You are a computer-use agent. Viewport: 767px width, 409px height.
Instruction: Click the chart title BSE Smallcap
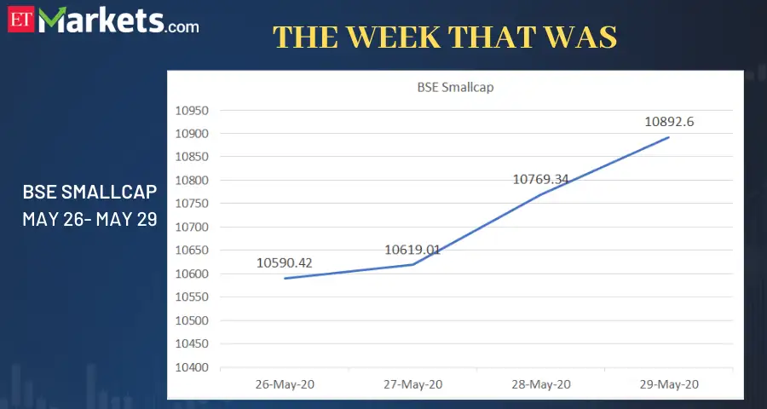click(450, 86)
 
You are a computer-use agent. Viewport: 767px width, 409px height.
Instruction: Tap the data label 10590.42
click(285, 262)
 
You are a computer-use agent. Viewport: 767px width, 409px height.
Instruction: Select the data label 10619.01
click(412, 250)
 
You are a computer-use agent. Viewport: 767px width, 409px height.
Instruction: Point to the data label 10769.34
click(541, 179)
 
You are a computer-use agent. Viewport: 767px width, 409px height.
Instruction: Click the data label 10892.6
click(669, 122)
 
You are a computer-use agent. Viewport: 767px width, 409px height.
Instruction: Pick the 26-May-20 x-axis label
click(285, 384)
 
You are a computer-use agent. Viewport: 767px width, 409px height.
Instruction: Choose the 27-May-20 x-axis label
click(412, 384)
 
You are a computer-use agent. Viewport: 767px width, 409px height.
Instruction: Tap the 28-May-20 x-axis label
click(541, 384)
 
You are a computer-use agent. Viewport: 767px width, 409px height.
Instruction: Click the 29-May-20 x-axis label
click(669, 384)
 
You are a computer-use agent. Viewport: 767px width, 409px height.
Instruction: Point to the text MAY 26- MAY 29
click(89, 219)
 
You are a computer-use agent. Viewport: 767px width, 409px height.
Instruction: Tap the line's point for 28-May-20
click(541, 194)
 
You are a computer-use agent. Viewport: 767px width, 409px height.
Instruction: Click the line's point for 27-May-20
click(412, 264)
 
